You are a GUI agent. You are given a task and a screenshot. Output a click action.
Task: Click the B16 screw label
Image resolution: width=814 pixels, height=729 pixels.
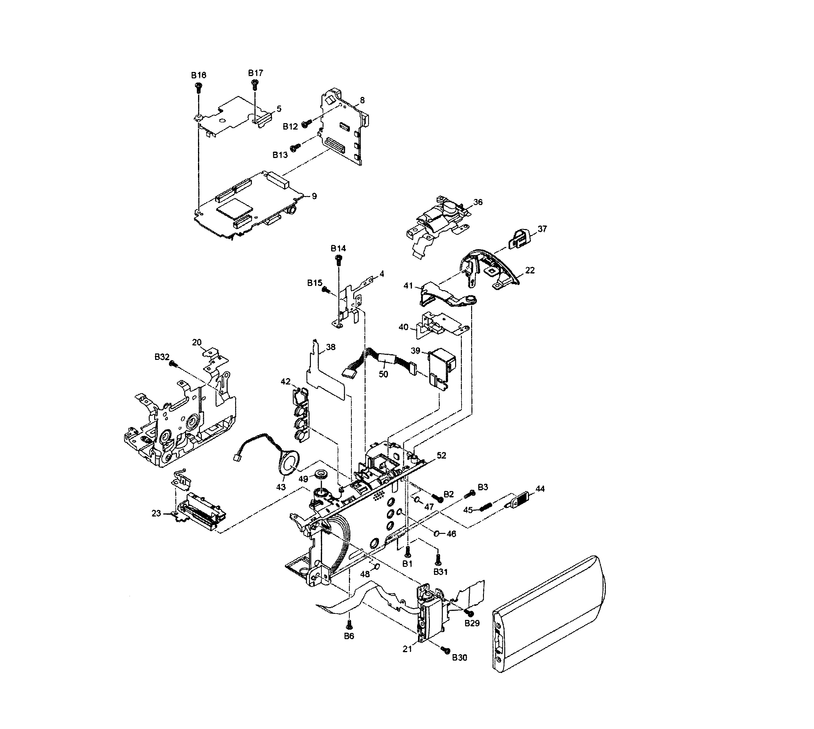coord(198,75)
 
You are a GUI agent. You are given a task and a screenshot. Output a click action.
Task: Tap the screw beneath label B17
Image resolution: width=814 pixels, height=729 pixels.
coord(254,84)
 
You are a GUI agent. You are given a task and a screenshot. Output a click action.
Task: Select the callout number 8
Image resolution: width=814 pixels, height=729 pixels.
coord(362,100)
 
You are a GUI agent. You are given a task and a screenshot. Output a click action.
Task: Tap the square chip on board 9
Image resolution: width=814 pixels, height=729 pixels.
coord(235,210)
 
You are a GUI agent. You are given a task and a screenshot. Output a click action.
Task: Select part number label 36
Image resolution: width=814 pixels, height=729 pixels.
coord(478,202)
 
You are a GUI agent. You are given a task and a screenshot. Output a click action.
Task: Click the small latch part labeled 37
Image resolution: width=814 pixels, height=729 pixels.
coord(519,239)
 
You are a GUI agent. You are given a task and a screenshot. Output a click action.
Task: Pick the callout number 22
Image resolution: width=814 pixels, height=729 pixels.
coord(530,270)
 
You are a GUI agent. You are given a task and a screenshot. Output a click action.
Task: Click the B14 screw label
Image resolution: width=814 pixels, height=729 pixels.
coord(338,248)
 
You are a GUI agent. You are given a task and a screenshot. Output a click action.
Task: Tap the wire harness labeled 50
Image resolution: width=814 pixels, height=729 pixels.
coord(381,360)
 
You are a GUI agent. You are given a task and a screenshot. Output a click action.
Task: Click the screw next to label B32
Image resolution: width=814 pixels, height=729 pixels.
coord(173,363)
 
